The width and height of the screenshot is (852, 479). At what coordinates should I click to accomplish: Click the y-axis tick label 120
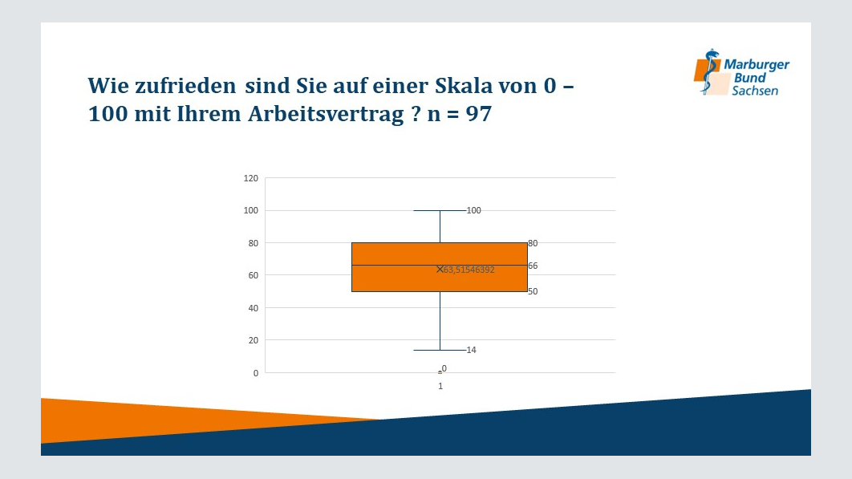(x=250, y=178)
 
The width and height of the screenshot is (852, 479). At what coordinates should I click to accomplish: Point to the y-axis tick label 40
(x=254, y=308)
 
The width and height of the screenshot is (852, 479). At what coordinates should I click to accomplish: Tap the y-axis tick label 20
(x=254, y=341)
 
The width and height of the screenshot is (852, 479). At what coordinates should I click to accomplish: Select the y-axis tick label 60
(x=254, y=276)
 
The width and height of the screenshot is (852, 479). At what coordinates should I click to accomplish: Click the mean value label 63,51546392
(x=469, y=270)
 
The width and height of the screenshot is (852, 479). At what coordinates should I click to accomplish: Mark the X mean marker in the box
(x=440, y=269)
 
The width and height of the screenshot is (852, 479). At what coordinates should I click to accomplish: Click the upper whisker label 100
(x=474, y=210)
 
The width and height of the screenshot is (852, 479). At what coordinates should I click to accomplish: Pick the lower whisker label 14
(x=471, y=350)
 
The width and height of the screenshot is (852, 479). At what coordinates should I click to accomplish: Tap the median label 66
(x=533, y=266)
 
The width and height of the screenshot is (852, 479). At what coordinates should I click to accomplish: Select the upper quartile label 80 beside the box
(x=533, y=244)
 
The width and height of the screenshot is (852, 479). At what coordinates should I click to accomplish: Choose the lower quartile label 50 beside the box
(x=533, y=291)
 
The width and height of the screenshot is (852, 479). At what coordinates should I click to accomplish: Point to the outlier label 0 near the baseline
(x=444, y=368)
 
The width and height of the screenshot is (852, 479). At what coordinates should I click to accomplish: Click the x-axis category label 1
(x=440, y=386)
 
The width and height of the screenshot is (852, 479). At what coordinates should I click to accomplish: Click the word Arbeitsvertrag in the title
(x=326, y=114)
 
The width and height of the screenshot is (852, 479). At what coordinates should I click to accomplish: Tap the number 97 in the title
(x=479, y=114)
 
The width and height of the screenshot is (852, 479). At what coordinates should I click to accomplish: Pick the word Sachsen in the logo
(x=755, y=91)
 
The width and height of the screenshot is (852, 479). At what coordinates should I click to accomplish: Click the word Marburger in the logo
(x=757, y=65)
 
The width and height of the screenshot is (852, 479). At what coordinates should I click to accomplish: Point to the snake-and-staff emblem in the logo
(x=708, y=71)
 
